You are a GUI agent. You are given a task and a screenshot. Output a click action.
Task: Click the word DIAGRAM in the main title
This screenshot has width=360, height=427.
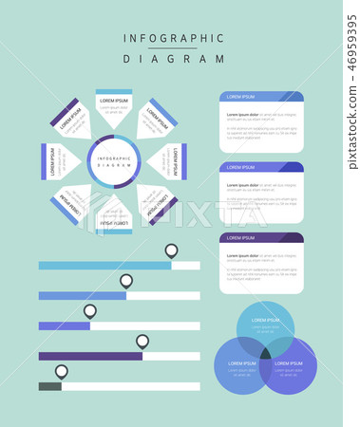coord(174,58)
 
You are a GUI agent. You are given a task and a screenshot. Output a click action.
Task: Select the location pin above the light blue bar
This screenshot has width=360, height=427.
coord(171,251)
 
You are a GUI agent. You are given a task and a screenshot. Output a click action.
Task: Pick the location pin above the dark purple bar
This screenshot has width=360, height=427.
coord(142,341)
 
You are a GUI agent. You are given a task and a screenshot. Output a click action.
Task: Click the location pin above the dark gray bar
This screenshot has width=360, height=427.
coord(62,371)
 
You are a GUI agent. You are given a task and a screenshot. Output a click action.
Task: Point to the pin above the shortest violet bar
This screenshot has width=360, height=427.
coord(90,310)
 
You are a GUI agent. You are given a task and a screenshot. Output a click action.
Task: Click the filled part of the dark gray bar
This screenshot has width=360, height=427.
coord(49,386)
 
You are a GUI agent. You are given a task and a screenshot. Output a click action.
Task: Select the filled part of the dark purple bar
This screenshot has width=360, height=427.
coord(90,356)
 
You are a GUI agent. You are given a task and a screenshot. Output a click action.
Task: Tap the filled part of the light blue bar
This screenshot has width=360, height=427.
coord(104,266)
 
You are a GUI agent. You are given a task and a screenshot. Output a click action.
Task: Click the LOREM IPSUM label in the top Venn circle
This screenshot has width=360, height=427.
coord(265,320)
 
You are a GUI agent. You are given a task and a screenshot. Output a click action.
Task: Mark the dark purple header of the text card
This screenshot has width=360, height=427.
coord(261,238)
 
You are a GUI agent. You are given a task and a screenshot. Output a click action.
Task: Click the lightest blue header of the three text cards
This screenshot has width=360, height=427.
coord(261,97)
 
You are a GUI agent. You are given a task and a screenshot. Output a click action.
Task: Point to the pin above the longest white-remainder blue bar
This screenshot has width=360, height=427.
coord(125,281)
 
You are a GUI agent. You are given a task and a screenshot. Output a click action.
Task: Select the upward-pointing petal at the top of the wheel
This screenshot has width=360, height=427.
coord(114,109)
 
